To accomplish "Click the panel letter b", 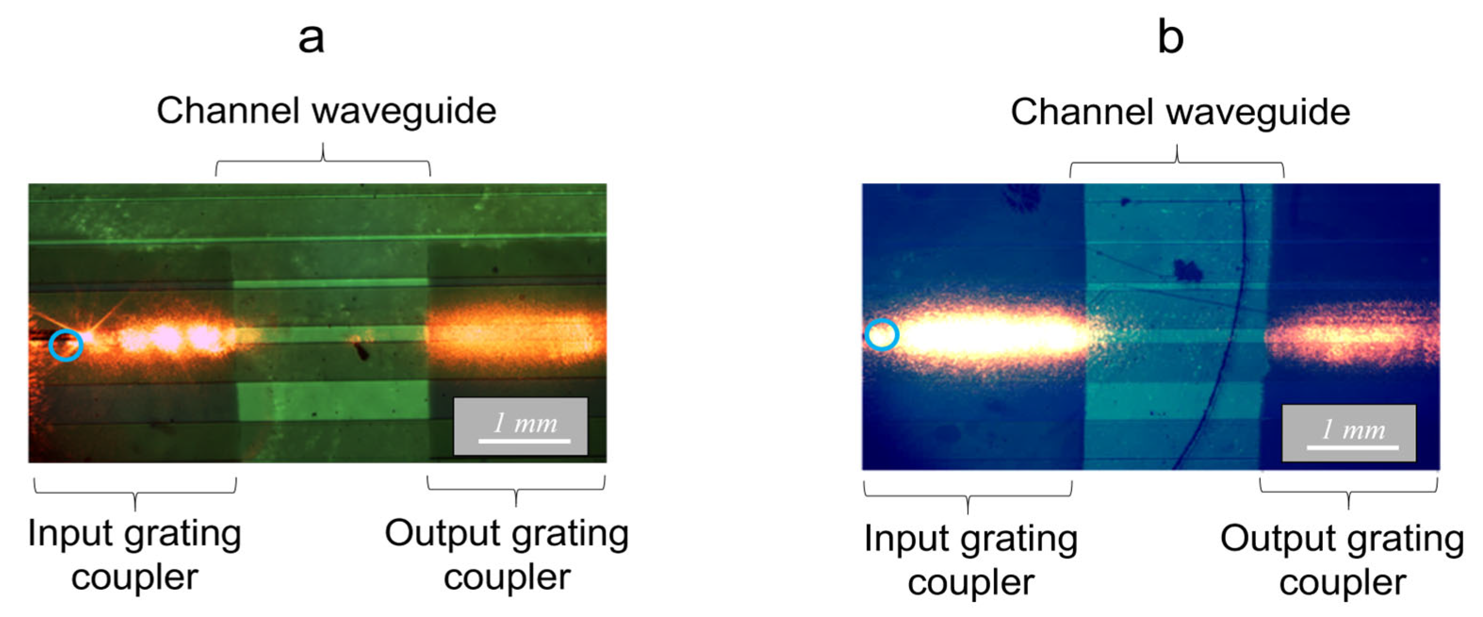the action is pyautogui.click(x=1170, y=37).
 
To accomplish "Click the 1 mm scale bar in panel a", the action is pyautogui.click(x=524, y=441).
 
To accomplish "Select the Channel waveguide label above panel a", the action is pyautogui.click(x=326, y=111).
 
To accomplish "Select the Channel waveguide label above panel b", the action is pyautogui.click(x=1180, y=112).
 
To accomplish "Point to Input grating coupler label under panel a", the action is pyautogui.click(x=135, y=554).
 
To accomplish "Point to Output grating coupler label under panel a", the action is pyautogui.click(x=506, y=554).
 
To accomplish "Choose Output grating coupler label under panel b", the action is pyautogui.click(x=1343, y=560).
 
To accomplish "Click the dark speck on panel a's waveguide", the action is pyautogui.click(x=361, y=350).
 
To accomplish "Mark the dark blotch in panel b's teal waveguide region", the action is pyautogui.click(x=1187, y=269).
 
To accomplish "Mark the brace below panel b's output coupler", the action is pyautogui.click(x=1348, y=493).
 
